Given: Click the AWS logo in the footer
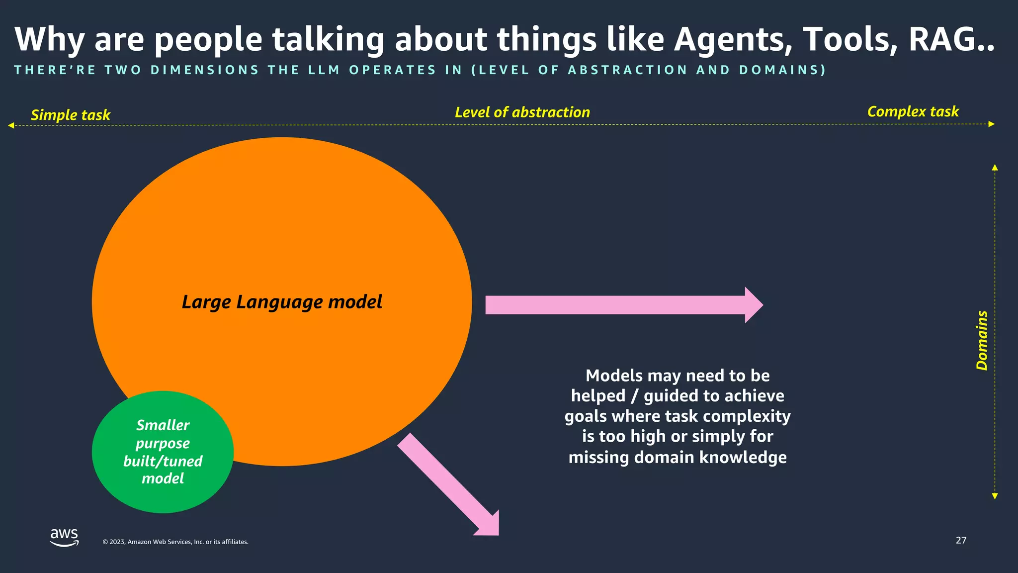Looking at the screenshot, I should (64, 537).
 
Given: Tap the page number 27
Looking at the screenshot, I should (961, 540).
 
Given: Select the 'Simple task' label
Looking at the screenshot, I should (71, 115).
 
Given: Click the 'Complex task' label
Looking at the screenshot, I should (913, 111).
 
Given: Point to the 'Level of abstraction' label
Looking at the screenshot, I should (522, 112).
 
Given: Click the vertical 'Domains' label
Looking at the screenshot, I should (982, 340).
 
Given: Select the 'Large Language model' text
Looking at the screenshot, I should (282, 302).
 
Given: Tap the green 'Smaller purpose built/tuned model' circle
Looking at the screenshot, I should (163, 452).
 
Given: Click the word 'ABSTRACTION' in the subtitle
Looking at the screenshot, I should (628, 70).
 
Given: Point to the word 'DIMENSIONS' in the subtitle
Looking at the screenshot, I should (205, 70).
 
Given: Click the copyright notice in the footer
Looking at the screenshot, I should (175, 542).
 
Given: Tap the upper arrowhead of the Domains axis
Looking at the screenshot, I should (995, 168).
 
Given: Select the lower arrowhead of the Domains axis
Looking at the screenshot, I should (995, 496).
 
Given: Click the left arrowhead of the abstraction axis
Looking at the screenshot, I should (11, 125).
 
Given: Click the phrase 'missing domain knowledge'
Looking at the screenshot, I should (678, 457).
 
